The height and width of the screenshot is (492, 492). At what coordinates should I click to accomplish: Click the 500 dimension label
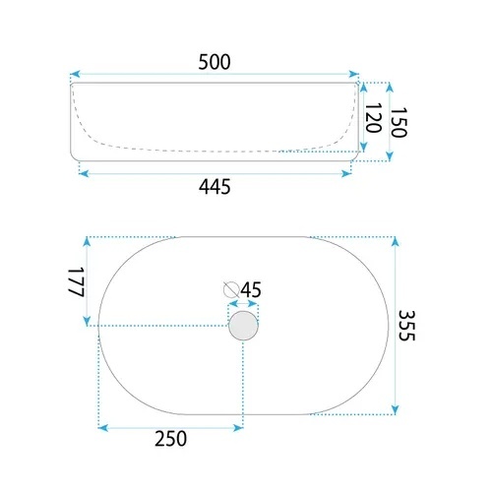(x=215, y=62)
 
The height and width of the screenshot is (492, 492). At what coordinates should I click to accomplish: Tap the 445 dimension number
(x=215, y=187)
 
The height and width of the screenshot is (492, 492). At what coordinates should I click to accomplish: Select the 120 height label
(x=373, y=118)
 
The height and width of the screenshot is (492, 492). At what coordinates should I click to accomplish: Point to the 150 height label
(x=399, y=122)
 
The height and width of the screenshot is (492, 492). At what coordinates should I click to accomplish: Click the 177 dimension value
(x=77, y=281)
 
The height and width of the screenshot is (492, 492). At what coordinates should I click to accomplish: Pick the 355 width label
(x=406, y=326)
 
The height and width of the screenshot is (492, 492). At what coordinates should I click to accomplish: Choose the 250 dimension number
(x=170, y=439)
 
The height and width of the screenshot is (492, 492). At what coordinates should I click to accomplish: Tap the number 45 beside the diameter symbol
(x=251, y=289)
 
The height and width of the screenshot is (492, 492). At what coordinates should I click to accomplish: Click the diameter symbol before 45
(x=231, y=289)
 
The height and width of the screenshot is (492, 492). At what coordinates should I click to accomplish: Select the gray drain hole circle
(x=243, y=326)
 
